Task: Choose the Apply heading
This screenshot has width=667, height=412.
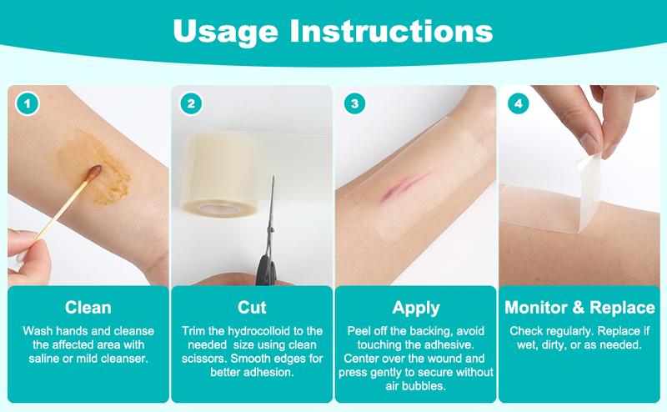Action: pyautogui.click(x=414, y=308)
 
